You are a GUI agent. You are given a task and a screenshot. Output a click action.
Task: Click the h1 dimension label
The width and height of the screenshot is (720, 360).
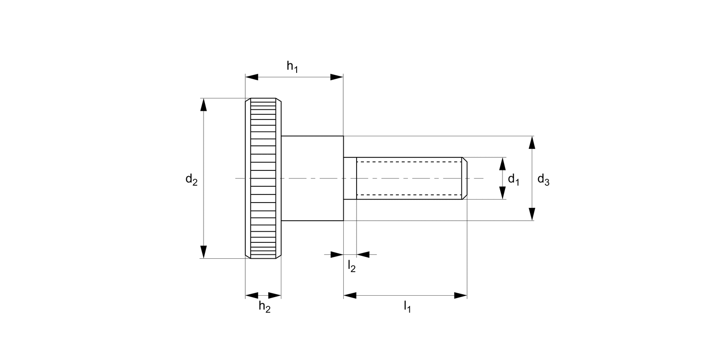292,67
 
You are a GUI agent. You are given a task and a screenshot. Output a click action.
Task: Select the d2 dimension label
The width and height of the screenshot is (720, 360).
192,180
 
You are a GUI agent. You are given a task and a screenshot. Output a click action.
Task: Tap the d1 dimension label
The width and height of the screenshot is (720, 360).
514,180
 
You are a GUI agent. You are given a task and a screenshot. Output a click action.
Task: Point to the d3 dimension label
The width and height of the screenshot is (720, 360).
543,180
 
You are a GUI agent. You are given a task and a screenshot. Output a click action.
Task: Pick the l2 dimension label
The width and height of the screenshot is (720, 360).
352,265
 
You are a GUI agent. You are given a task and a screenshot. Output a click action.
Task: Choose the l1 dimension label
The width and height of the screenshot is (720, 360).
407,306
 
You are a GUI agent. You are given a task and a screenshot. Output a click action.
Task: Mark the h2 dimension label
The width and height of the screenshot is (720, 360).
264,306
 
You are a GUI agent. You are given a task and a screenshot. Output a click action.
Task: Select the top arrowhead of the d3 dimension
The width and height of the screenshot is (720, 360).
532,143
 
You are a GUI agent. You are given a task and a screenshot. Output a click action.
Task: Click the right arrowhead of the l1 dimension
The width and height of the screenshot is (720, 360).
461,295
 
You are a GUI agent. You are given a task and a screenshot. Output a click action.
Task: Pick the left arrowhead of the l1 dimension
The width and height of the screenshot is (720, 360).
350,295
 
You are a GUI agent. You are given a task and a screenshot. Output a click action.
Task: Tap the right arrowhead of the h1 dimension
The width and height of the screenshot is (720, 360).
337,77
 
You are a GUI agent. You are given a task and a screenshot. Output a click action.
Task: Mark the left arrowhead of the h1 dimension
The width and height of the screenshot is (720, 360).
252,77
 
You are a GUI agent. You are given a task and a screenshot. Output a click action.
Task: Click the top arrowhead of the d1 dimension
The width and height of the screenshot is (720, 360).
503,164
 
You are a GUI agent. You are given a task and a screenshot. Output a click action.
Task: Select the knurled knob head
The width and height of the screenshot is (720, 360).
263,178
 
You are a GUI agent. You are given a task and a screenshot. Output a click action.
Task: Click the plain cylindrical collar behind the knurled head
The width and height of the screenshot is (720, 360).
312,178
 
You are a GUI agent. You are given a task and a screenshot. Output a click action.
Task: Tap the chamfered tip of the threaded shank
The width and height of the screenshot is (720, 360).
465,178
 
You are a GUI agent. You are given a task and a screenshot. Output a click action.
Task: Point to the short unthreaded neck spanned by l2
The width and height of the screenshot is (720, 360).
350,178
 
